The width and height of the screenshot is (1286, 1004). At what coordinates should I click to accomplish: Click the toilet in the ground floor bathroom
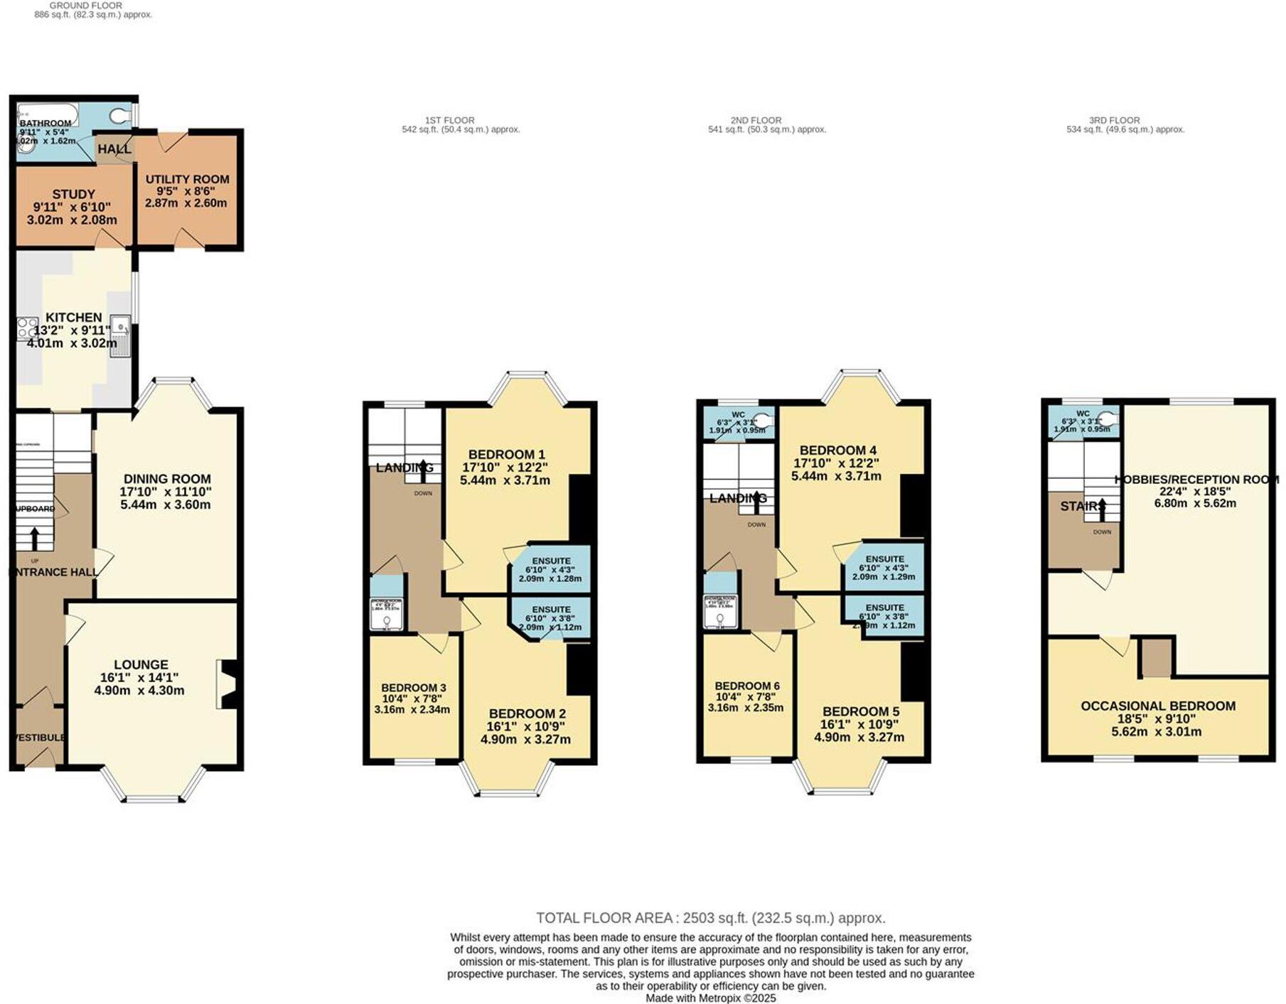[120, 115]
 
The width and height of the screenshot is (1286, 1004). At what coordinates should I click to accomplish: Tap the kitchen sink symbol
[120, 335]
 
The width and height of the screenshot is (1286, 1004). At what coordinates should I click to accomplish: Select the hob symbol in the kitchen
[27, 328]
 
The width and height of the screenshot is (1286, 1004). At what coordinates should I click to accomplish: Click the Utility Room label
[187, 180]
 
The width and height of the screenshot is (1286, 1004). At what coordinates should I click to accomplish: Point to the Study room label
[73, 194]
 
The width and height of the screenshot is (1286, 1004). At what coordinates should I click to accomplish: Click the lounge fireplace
[227, 684]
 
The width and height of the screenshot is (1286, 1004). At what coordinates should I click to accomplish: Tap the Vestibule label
[40, 738]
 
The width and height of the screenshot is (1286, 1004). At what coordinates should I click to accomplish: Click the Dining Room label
[167, 479]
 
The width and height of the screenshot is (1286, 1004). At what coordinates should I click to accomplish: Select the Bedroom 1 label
[506, 455]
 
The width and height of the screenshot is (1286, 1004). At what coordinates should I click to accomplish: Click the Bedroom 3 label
[413, 688]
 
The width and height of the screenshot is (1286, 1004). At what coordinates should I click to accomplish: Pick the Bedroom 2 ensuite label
[551, 610]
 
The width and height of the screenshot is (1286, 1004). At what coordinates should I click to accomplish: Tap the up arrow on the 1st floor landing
[424, 467]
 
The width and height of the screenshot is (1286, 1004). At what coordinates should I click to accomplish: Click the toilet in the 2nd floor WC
[763, 419]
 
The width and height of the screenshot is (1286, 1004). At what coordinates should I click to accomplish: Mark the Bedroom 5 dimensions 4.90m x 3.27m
[859, 738]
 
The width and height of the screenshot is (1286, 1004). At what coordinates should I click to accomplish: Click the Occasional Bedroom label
[1157, 706]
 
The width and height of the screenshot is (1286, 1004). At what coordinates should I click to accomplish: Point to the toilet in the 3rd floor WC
[1108, 419]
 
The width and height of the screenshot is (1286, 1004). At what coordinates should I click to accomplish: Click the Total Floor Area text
[710, 917]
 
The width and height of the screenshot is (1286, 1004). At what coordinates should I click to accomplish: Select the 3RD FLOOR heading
[1114, 120]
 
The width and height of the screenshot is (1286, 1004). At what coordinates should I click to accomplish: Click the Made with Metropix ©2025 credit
[710, 998]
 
